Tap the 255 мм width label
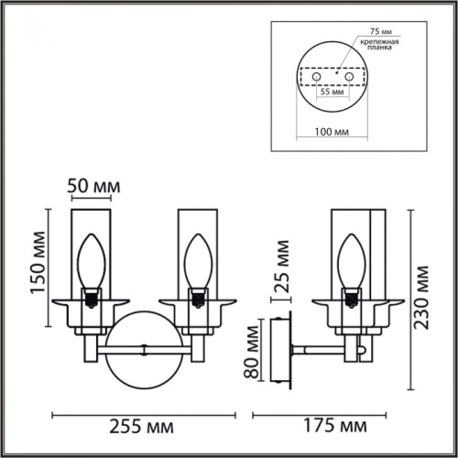143,426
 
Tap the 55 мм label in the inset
331,93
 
